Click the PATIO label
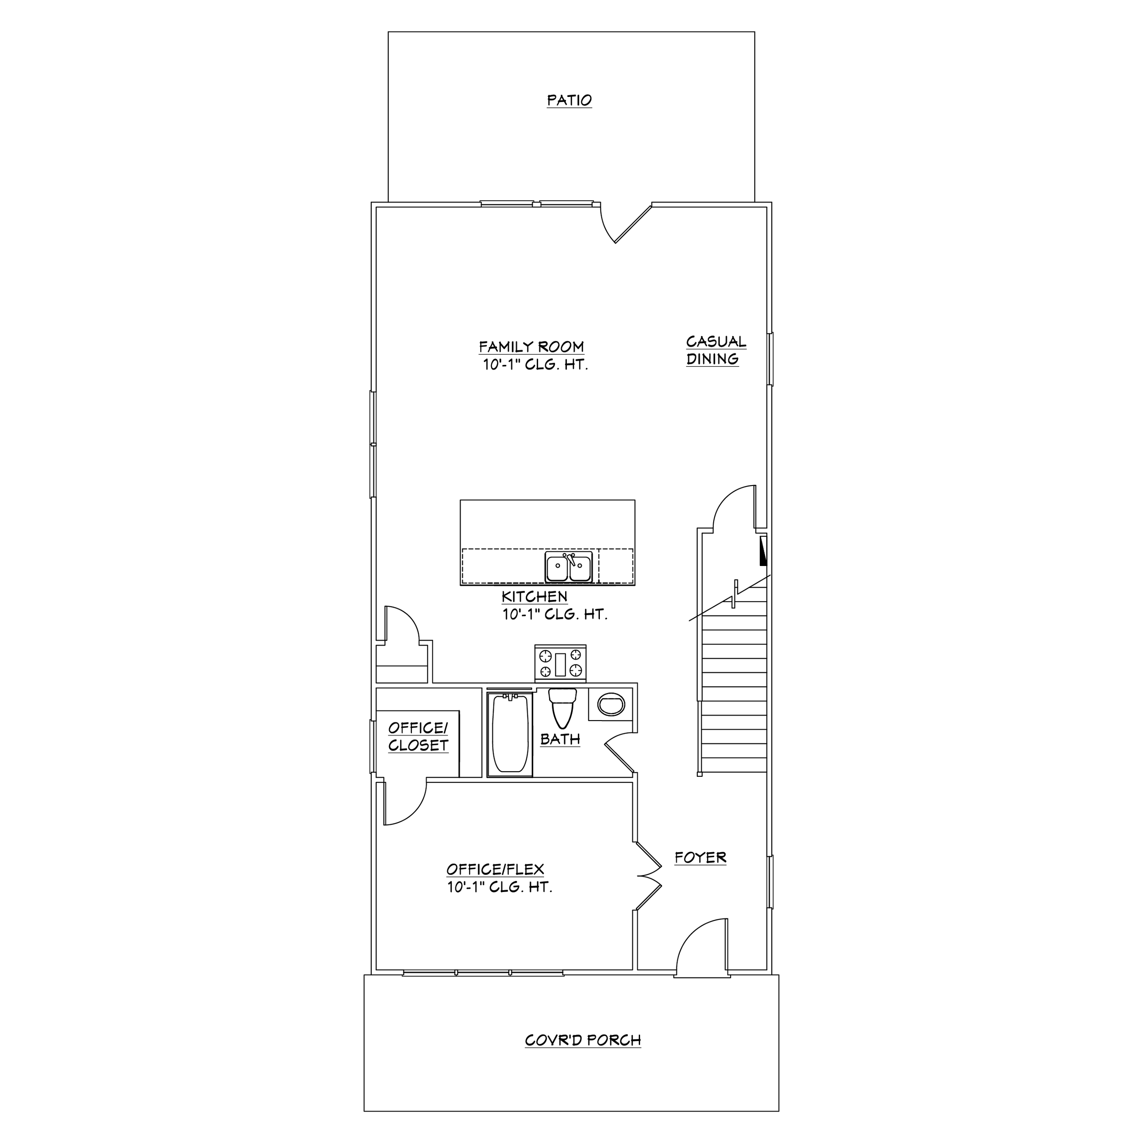[x=569, y=101]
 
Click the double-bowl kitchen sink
[x=569, y=567]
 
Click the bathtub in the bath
[x=509, y=734]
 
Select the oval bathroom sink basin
[x=611, y=705]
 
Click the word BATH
[x=560, y=739]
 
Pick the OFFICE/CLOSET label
[x=418, y=737]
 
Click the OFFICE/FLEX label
[x=495, y=869]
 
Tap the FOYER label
[x=700, y=858]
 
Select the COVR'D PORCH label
[x=583, y=1040]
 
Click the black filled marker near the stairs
[x=763, y=551]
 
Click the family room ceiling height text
[x=535, y=364]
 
